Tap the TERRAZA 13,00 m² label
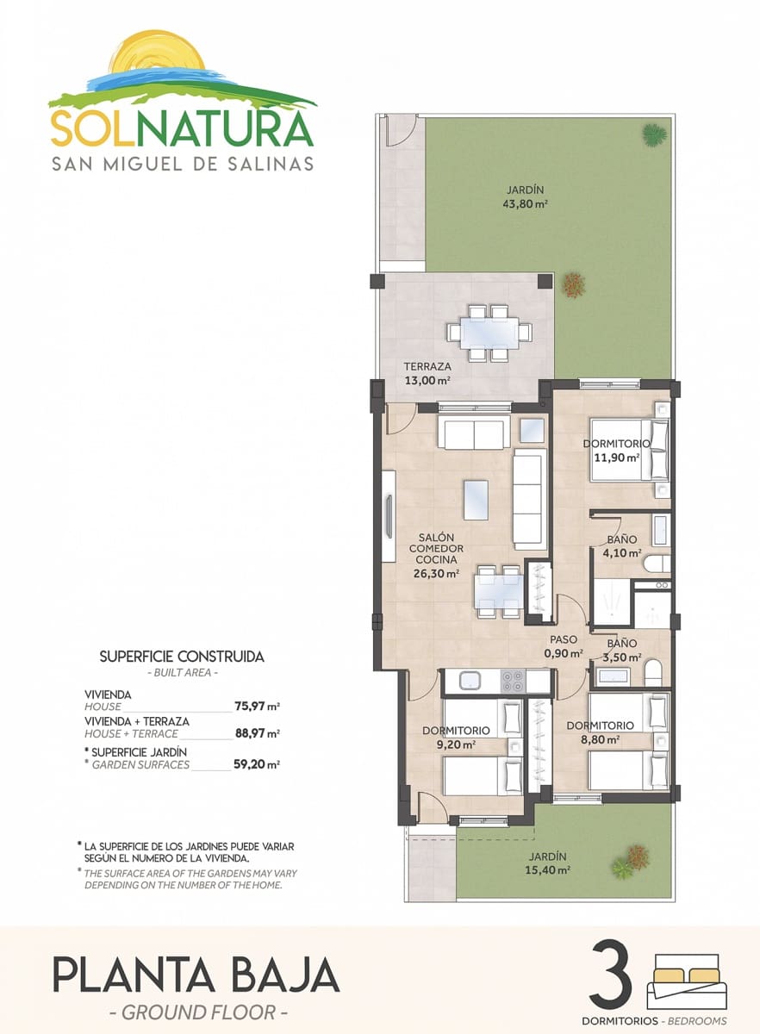tap(428, 372)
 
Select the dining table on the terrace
tap(489, 332)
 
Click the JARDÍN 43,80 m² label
tap(525, 197)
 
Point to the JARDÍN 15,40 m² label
tap(546, 863)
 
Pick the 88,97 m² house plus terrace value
tap(257, 733)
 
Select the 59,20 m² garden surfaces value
tap(257, 764)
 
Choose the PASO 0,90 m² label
tap(564, 646)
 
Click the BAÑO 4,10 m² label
tap(621, 546)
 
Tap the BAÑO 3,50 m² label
tap(621, 650)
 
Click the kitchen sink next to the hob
tap(472, 681)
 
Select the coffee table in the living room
tap(476, 499)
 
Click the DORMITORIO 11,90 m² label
tap(615, 450)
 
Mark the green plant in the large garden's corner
tap(653, 134)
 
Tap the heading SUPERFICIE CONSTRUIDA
tap(182, 657)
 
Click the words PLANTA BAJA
tap(196, 975)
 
